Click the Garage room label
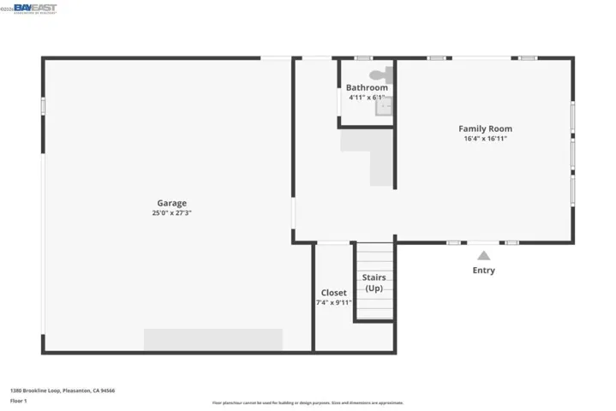171,203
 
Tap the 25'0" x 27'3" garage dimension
171,213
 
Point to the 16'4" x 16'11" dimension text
485,139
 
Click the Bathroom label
367,87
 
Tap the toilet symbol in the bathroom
380,75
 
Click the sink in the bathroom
385,106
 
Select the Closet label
333,293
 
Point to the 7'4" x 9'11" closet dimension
333,302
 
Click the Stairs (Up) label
374,283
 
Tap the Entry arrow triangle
483,255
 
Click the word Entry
483,271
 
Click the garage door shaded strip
212,340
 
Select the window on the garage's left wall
43,107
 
